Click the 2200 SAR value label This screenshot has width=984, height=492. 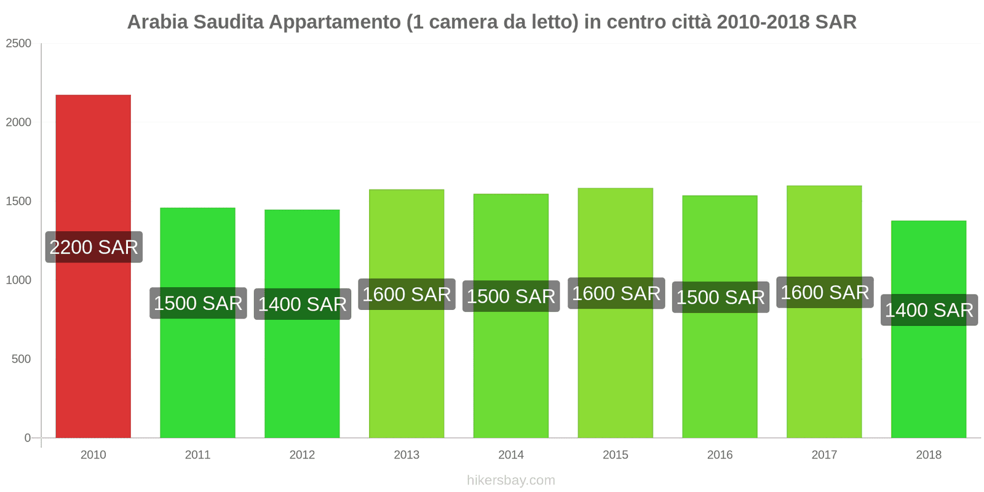94,247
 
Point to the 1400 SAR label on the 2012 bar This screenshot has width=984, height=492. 302,304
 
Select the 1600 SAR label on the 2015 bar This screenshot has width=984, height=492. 616,293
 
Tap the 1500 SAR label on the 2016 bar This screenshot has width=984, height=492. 720,297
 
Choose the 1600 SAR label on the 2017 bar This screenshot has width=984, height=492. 825,292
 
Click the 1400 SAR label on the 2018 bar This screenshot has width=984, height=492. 929,310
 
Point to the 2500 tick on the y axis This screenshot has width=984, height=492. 18,44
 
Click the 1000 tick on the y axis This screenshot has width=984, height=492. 18,280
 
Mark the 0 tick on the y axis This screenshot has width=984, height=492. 27,438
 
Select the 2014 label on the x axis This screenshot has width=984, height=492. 511,455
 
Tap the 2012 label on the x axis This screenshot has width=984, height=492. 302,455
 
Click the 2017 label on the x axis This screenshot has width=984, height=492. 824,455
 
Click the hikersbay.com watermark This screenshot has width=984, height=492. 511,480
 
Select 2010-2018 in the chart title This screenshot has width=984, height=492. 763,22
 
